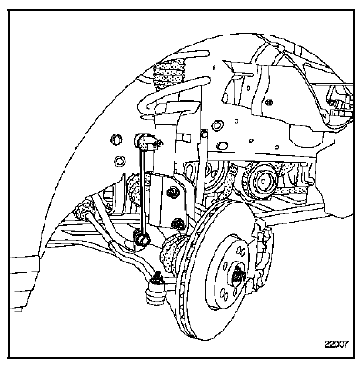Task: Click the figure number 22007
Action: click(x=336, y=344)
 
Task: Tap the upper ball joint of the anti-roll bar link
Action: click(x=140, y=140)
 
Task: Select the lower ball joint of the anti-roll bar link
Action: click(x=142, y=237)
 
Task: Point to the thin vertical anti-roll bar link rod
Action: click(x=142, y=188)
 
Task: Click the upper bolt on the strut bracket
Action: click(x=173, y=193)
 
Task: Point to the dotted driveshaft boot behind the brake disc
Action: click(x=172, y=252)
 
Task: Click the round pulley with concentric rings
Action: click(x=261, y=183)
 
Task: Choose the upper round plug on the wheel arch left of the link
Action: click(x=115, y=139)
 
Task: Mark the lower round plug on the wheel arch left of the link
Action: click(x=119, y=161)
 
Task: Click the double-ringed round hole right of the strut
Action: click(x=216, y=124)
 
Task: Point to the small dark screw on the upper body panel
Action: click(x=268, y=102)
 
